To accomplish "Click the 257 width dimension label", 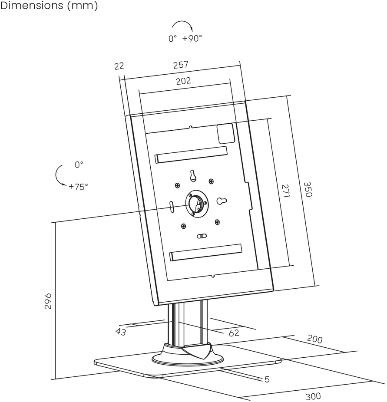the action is (181, 65).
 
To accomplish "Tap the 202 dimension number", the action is (183, 81).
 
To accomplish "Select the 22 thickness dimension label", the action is (119, 66).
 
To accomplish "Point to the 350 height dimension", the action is (308, 189).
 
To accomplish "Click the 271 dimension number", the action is (286, 191).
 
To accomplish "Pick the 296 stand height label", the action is (48, 301).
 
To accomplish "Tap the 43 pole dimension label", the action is (121, 332).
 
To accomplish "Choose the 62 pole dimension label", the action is (234, 333).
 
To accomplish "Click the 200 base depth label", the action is (314, 339).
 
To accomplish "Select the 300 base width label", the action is (313, 396).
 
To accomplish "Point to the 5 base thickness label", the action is (267, 379).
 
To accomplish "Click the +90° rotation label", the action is (192, 39).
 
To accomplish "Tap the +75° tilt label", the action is (78, 187).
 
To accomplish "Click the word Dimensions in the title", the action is (32, 5).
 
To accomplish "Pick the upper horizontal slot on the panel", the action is (191, 155).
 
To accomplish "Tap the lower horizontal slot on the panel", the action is (206, 252).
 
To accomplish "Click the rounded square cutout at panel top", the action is (226, 133).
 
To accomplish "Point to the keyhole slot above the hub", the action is (193, 176).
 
